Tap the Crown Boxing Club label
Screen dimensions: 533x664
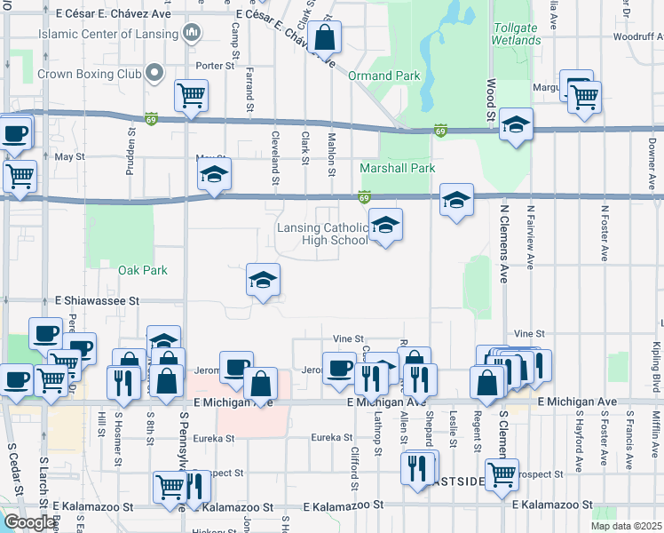pyautogui.click(x=86, y=73)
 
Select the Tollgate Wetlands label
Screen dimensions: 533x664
pyautogui.click(x=515, y=34)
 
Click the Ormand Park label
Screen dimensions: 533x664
pyautogui.click(x=383, y=76)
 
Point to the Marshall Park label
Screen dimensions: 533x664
pyautogui.click(x=397, y=168)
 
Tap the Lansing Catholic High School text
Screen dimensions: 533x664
pyautogui.click(x=322, y=234)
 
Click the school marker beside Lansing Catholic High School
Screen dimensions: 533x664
pyautogui.click(x=385, y=227)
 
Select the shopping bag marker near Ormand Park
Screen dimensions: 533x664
pyautogui.click(x=324, y=39)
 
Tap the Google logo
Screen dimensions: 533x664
pyautogui.click(x=29, y=522)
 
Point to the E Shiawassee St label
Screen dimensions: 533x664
pyautogui.click(x=98, y=301)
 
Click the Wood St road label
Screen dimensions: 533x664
pyautogui.click(x=489, y=99)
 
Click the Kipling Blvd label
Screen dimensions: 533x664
pyautogui.click(x=658, y=364)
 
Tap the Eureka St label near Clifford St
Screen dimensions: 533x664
pyautogui.click(x=336, y=437)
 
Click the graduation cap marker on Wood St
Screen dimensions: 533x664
pyautogui.click(x=515, y=125)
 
